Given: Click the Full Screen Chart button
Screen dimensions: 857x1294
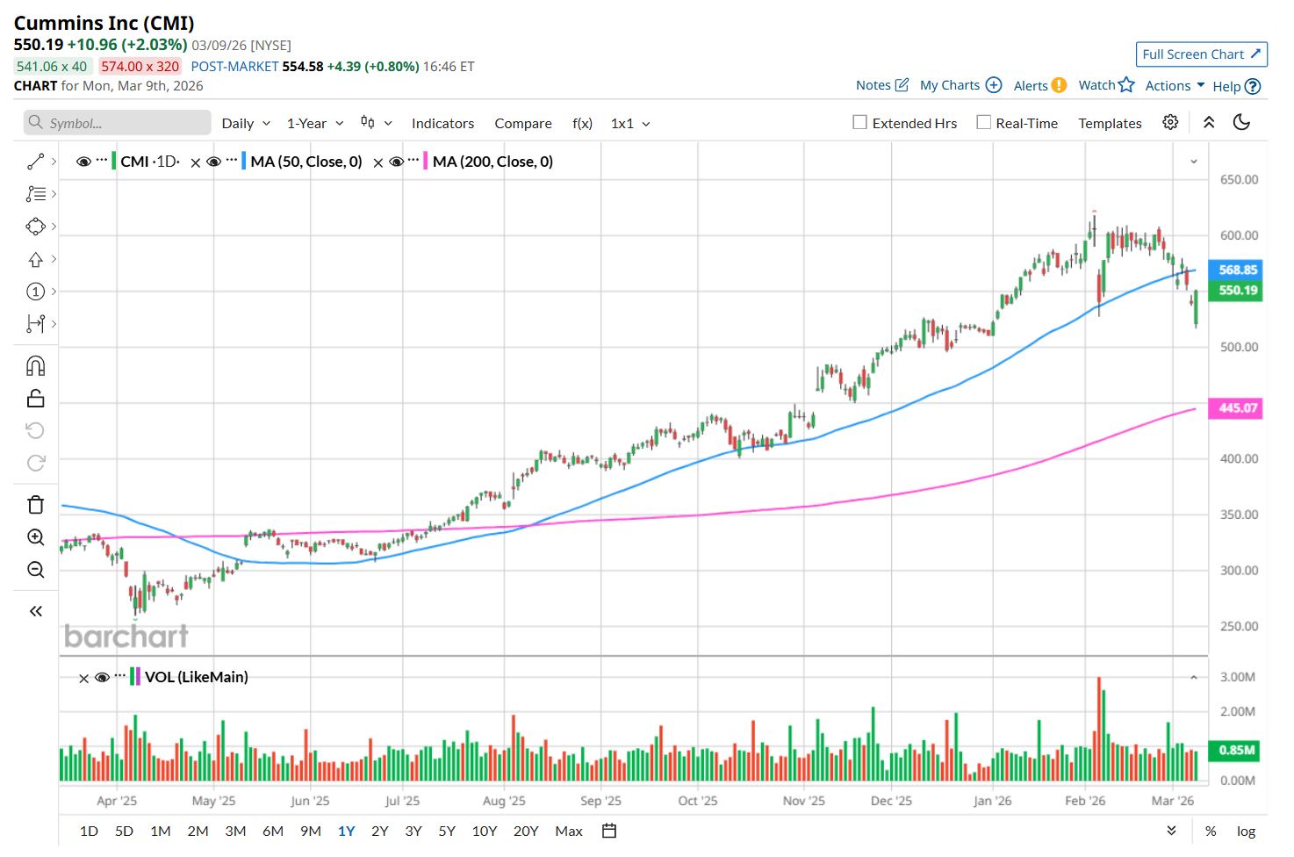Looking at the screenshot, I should pos(1201,54).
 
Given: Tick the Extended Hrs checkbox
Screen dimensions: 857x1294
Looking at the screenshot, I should pos(860,123).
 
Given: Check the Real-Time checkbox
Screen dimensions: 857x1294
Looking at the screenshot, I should pos(984,123).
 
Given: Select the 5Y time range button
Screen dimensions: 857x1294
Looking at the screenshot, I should pos(447,831).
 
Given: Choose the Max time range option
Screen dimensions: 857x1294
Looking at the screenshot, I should pos(569,831).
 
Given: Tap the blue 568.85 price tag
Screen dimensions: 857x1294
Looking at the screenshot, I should pos(1237,270).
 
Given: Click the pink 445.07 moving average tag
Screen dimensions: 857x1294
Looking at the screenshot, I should pos(1237,407).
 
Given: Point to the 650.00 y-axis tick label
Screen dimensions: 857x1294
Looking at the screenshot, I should pos(1239,179).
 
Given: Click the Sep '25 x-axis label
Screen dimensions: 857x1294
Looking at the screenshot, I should pos(600,801).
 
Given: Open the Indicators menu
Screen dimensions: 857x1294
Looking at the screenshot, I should pos(442,124).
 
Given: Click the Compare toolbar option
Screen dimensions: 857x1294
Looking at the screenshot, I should pos(523,124).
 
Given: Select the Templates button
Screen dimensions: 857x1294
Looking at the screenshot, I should pos(1110,124).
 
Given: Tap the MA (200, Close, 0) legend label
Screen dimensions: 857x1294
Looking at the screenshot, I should pos(492,162).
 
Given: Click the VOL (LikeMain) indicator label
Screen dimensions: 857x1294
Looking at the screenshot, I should pos(196,677).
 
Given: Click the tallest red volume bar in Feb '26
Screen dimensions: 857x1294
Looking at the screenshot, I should pos(1098,729).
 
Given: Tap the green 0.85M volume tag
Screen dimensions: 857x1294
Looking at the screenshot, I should pos(1237,750).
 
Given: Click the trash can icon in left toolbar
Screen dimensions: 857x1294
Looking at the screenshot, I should pos(36,505).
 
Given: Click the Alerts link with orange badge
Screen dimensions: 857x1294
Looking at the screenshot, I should pos(1039,85).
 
